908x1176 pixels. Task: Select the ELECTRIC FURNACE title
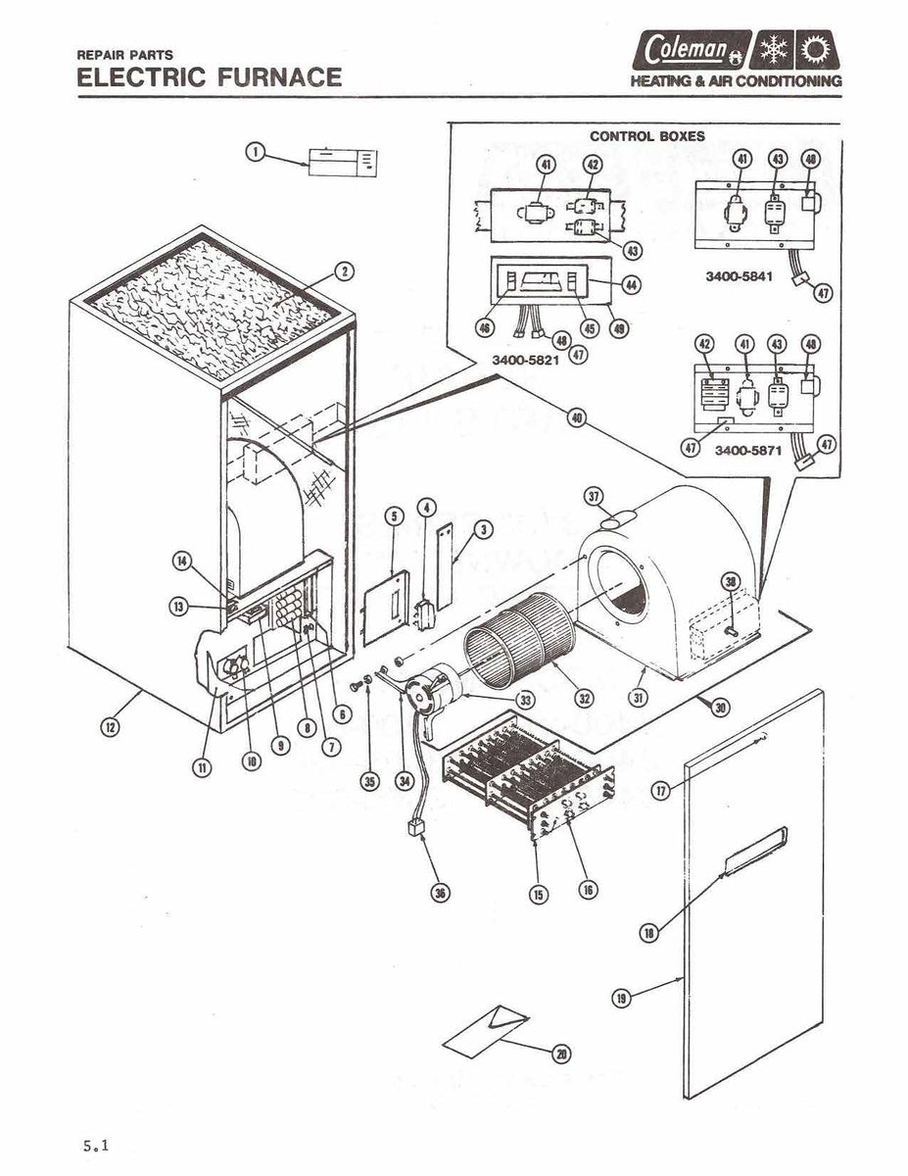pyautogui.click(x=210, y=77)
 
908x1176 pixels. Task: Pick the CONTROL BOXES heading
pyautogui.click(x=645, y=136)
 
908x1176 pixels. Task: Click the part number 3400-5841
pyautogui.click(x=739, y=276)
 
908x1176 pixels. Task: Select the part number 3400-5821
pyautogui.click(x=525, y=360)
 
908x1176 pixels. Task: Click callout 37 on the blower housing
pyautogui.click(x=594, y=496)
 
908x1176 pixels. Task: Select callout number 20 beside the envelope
pyautogui.click(x=561, y=1053)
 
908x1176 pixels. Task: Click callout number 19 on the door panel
pyautogui.click(x=621, y=998)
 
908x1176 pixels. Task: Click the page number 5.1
pyautogui.click(x=94, y=1145)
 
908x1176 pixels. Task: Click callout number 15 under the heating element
pyautogui.click(x=539, y=893)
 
